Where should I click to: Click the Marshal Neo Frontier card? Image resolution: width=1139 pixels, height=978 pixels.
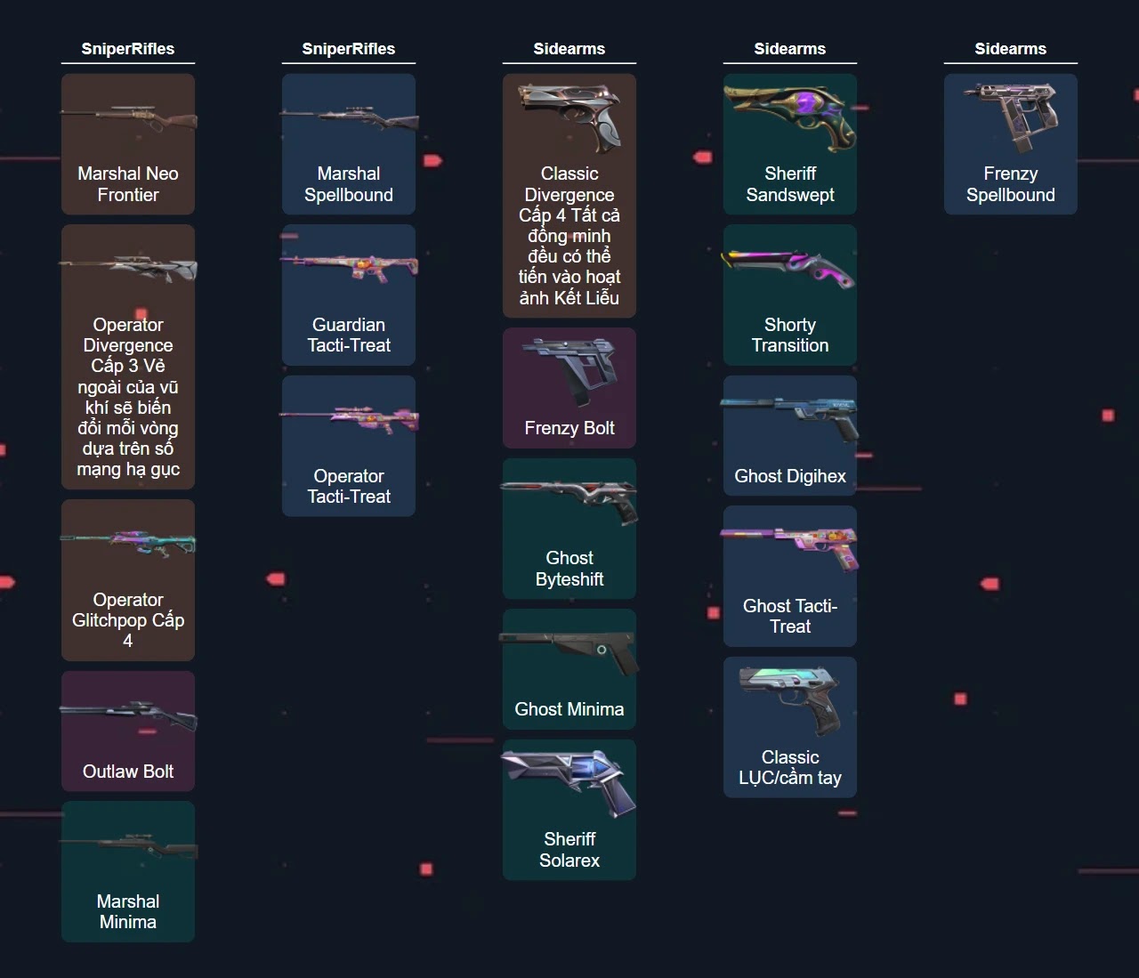pos(127,144)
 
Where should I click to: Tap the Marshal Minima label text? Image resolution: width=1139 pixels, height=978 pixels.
pos(127,911)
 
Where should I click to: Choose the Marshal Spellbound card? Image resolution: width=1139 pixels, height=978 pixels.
pos(348,144)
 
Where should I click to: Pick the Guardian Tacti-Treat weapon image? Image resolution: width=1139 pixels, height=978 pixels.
pos(350,263)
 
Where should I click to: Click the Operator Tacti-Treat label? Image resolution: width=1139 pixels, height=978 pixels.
pos(348,486)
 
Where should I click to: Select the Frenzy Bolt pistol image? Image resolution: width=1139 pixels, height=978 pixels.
pos(570,367)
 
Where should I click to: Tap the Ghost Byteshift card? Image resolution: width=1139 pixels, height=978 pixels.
pos(569,529)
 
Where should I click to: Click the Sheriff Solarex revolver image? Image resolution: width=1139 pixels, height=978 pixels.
pos(570,779)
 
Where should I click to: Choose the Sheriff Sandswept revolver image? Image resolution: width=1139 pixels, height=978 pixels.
pos(790,116)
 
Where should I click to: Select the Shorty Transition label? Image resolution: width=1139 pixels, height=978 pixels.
pos(789,335)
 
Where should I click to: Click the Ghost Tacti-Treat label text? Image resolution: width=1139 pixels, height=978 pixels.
pos(789,616)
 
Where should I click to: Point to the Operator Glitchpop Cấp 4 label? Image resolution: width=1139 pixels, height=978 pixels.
pos(127,619)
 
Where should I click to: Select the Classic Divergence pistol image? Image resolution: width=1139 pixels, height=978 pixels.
pos(570,115)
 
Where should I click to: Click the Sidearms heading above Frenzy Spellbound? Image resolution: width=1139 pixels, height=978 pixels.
pos(1010,49)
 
